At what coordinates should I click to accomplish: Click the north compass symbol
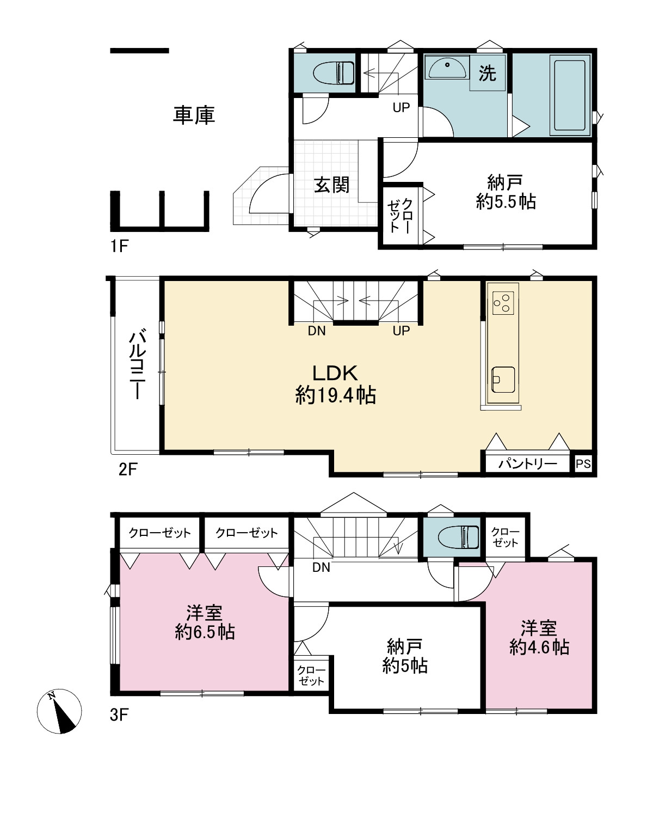coord(59,711)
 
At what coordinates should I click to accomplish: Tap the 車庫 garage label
coord(194,115)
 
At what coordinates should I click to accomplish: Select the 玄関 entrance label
coord(331,185)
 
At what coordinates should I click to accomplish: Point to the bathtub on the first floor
coord(569,95)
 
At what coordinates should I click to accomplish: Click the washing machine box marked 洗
coord(488,72)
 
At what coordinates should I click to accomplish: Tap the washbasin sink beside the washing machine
coord(447,68)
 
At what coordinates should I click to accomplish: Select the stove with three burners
coord(503,303)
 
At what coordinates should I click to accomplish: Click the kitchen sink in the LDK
coord(503,380)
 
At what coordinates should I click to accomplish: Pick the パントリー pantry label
coord(528,463)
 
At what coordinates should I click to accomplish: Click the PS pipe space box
coord(583,463)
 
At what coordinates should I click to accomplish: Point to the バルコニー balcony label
coord(137,365)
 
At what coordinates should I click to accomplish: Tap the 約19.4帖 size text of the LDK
coord(335,395)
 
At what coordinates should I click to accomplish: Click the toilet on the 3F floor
coord(458,538)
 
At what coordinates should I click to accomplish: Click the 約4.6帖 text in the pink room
coord(539,647)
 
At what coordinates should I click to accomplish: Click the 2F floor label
coord(128,469)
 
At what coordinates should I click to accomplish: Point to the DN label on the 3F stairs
coord(321,567)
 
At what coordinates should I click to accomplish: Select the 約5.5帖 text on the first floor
coord(506,202)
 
